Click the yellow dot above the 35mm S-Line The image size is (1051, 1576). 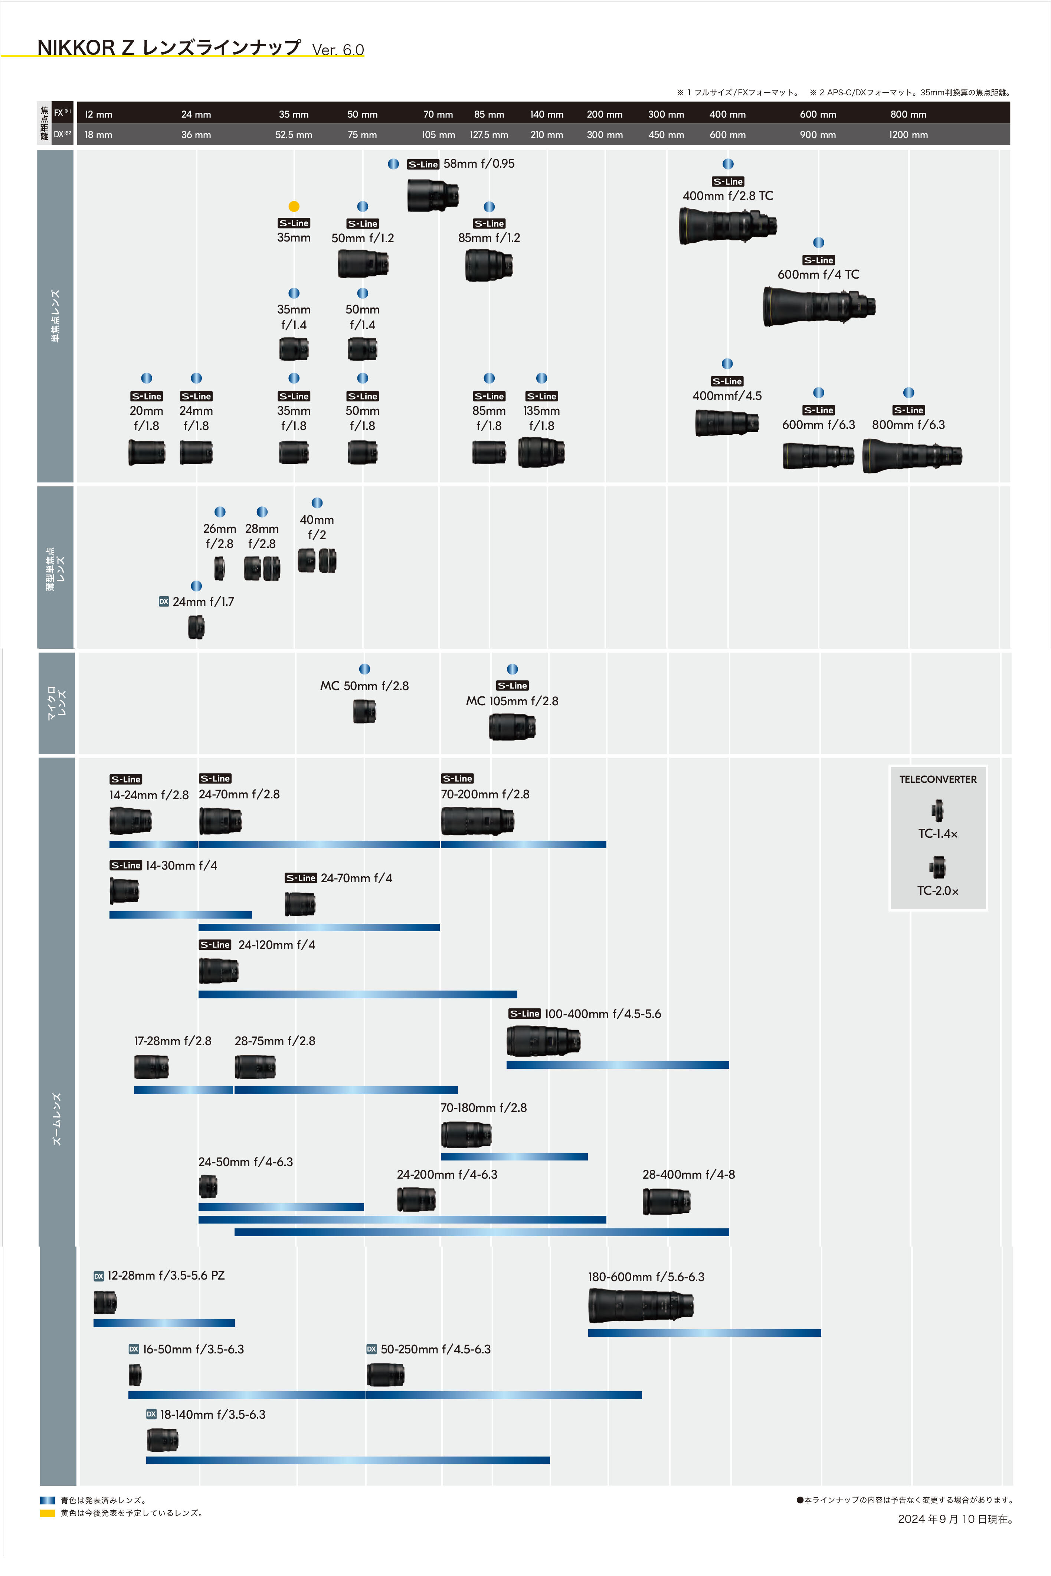coord(294,206)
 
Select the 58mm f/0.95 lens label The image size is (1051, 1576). coord(479,164)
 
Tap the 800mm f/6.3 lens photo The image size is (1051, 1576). coord(911,456)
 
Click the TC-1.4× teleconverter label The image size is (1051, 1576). coord(938,834)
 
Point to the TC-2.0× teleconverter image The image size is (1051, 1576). coord(938,867)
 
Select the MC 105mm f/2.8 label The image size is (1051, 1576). coord(512,701)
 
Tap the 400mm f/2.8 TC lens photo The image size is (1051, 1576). coord(727,226)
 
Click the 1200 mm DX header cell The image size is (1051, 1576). coord(908,135)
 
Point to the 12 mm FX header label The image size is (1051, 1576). coord(99,115)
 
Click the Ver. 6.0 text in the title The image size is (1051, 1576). coord(338,50)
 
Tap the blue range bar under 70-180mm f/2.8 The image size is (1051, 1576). coord(514,1156)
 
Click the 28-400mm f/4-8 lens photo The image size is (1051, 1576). coord(666,1201)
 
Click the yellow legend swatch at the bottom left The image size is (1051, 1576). coord(47,1513)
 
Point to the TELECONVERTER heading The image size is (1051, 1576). coord(938,779)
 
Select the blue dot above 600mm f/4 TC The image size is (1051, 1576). coord(818,243)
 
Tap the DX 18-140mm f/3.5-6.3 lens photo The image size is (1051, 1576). coord(162,1439)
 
